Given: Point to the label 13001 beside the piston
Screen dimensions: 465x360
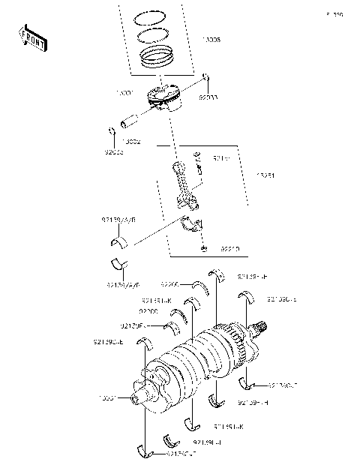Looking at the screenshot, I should point(124,93).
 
